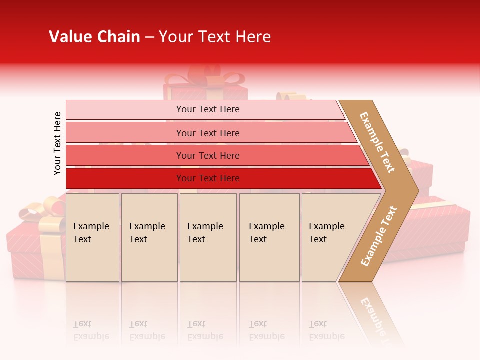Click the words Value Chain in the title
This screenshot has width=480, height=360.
coord(94,37)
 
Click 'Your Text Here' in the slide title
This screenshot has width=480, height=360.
coord(215,37)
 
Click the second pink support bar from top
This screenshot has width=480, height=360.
coord(207,133)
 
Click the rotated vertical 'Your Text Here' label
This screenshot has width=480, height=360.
coord(57,143)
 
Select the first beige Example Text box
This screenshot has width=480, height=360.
coord(92,237)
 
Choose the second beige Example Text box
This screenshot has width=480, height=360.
coord(149,237)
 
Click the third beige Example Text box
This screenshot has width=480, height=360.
coord(208,237)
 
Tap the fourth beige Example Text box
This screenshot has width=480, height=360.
coord(269,237)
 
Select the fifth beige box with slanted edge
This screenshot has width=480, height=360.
coord(330,237)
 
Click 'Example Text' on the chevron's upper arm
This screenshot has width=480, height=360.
coord(377,142)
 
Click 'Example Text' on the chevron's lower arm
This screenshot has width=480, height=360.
coord(379,236)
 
